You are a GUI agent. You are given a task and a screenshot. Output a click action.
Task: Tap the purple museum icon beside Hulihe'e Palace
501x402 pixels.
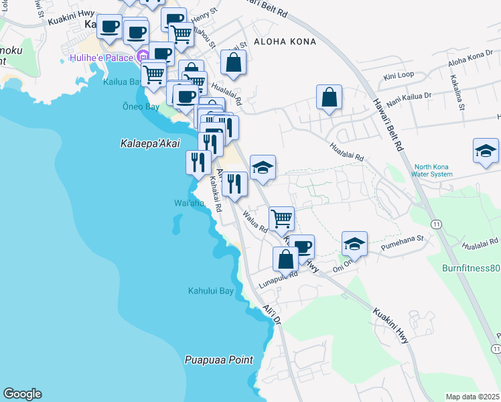point(142,58)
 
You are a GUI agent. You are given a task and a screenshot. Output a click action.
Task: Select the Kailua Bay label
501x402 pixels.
point(124,82)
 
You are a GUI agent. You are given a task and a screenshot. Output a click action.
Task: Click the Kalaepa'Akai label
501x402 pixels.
point(151,143)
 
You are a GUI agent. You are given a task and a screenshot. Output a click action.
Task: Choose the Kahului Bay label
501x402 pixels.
point(210,291)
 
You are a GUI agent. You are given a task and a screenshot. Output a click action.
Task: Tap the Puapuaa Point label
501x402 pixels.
point(219,360)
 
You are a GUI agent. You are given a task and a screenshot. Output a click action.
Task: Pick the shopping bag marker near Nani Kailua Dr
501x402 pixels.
point(330,97)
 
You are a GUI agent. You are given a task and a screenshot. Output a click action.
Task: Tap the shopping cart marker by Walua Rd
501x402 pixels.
point(281,218)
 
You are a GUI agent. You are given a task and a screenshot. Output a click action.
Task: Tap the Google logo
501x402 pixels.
point(22,394)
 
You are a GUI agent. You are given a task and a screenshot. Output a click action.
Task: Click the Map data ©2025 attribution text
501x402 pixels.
point(473,397)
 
